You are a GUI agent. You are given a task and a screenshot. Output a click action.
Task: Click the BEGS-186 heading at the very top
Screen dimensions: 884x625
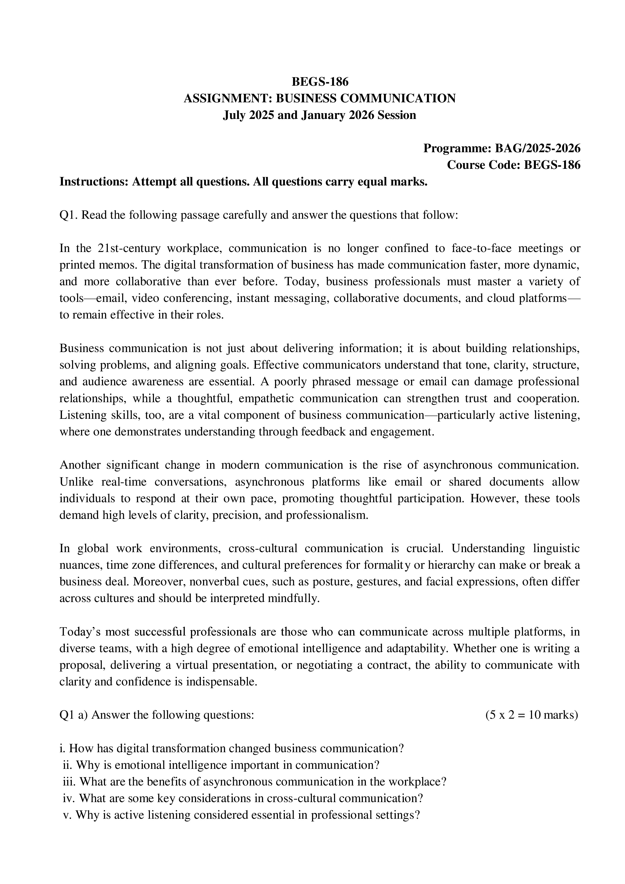[320, 82]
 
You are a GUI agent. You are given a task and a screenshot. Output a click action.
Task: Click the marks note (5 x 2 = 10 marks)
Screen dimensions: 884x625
[532, 715]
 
